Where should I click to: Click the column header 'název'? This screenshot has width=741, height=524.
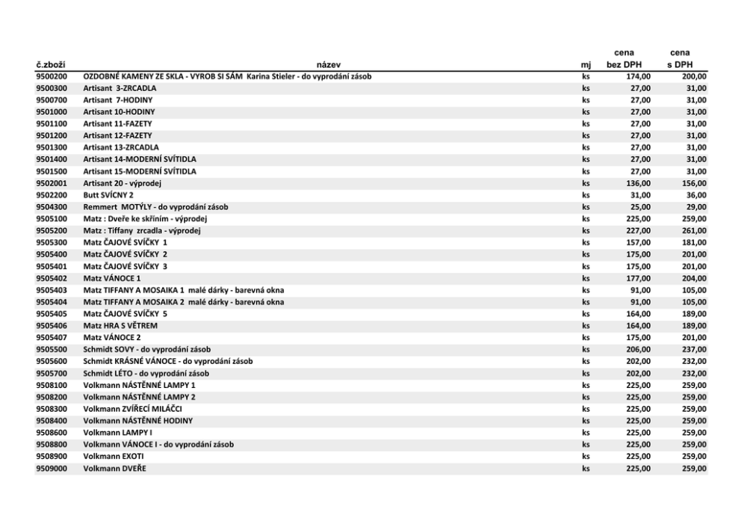328,64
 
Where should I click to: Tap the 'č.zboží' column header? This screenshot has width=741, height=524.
50,64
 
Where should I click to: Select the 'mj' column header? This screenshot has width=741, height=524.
586,64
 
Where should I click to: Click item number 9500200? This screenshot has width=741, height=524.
52,76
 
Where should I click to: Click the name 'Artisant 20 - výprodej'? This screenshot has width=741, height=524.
123,183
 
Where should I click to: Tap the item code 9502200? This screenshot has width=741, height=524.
52,195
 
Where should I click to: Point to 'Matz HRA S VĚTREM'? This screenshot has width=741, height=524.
120,326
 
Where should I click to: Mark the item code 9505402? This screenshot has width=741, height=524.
52,278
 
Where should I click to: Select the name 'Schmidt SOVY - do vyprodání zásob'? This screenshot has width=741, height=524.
146,349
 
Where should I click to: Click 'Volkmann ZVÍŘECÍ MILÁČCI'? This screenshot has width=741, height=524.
132,409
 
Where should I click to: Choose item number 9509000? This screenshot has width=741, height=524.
52,469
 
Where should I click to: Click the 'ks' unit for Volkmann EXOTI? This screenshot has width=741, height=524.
586,457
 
